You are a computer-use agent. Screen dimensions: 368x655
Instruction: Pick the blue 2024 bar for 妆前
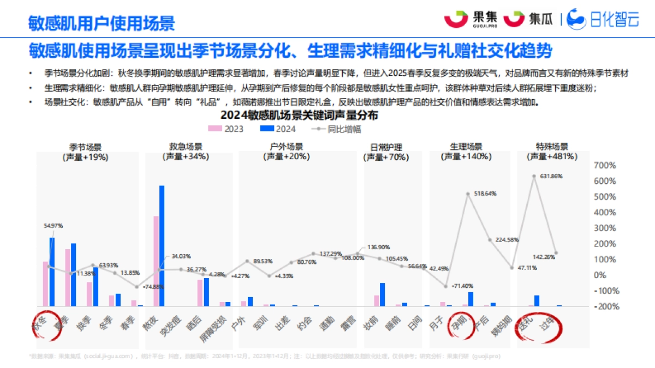click(x=382, y=294)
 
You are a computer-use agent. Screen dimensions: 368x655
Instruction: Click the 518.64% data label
click(x=485, y=194)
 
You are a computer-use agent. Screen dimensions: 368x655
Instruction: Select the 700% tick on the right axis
click(x=604, y=165)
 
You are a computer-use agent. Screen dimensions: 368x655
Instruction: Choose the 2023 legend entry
click(x=225, y=129)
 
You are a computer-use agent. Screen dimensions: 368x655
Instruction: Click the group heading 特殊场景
click(x=552, y=147)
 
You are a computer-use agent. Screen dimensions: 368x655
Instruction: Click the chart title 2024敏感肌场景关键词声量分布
click(x=299, y=116)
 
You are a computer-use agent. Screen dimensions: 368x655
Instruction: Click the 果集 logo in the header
click(x=469, y=19)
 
